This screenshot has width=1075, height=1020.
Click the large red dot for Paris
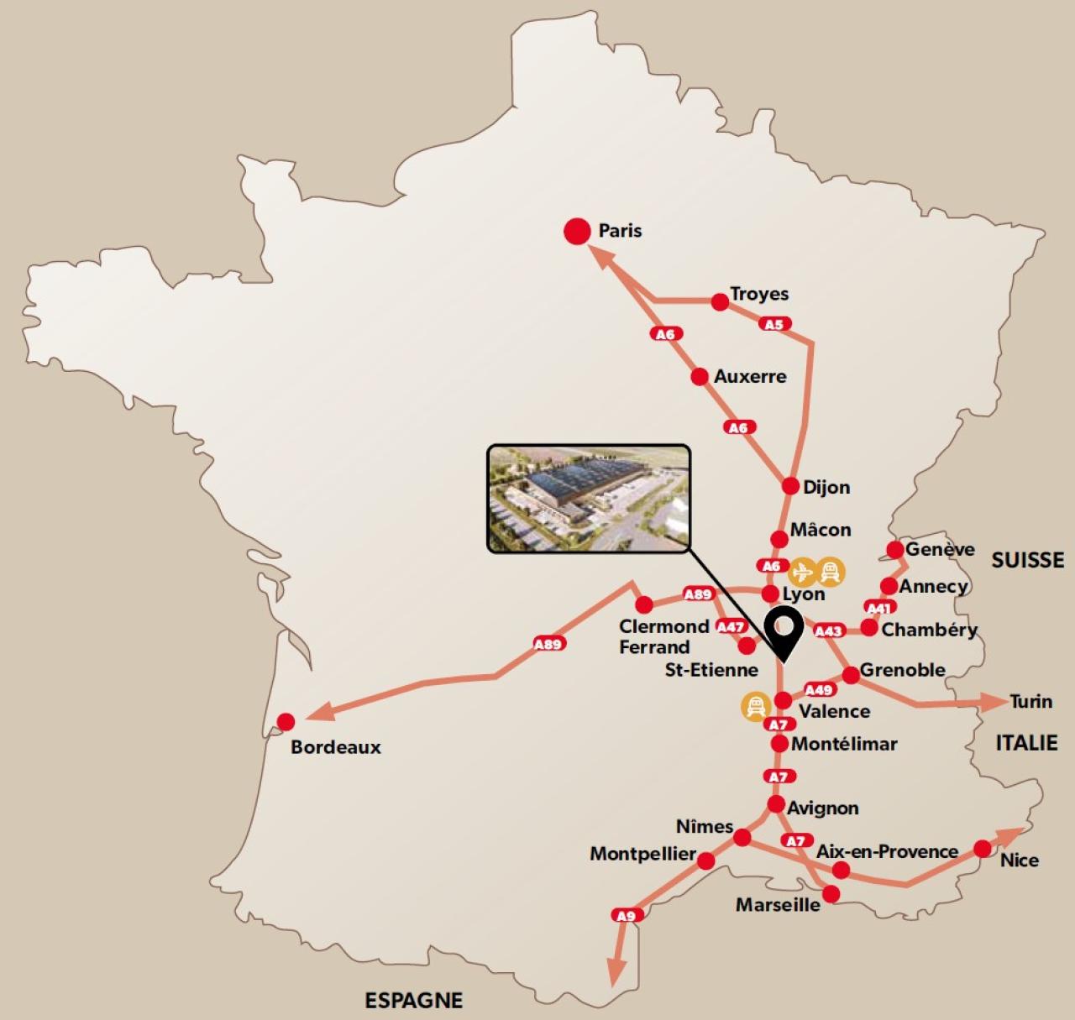(x=577, y=231)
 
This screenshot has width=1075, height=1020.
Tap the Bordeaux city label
(x=335, y=746)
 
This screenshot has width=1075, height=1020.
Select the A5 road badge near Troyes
(x=774, y=324)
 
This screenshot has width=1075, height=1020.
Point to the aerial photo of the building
(x=589, y=499)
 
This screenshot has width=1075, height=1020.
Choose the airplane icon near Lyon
(x=802, y=572)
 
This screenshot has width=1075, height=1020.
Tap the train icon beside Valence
(x=755, y=706)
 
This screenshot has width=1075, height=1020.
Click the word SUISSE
(x=1027, y=560)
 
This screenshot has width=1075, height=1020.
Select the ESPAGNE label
(x=413, y=1000)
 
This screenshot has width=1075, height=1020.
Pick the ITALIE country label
(x=1026, y=742)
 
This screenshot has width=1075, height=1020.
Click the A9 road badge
(x=627, y=915)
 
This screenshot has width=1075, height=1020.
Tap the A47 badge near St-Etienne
(x=731, y=626)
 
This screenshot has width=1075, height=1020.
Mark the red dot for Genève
(x=895, y=550)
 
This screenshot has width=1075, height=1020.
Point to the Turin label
(x=1030, y=701)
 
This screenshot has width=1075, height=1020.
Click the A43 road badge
(x=829, y=630)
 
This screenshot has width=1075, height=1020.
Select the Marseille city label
(x=778, y=905)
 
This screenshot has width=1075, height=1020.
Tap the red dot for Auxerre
(x=700, y=377)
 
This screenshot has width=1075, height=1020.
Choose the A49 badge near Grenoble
(x=819, y=689)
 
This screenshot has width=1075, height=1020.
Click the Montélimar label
(x=844, y=744)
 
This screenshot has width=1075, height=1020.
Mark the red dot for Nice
(x=983, y=849)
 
